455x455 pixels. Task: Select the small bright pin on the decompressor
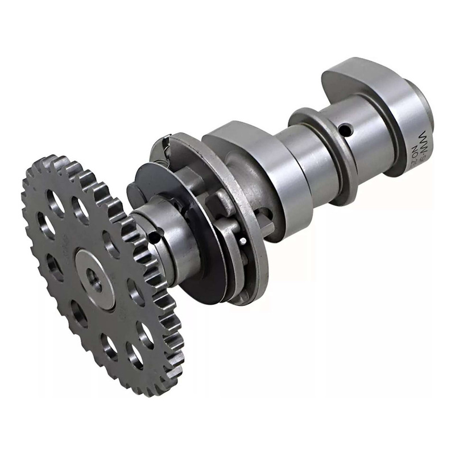(x=244, y=240)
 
